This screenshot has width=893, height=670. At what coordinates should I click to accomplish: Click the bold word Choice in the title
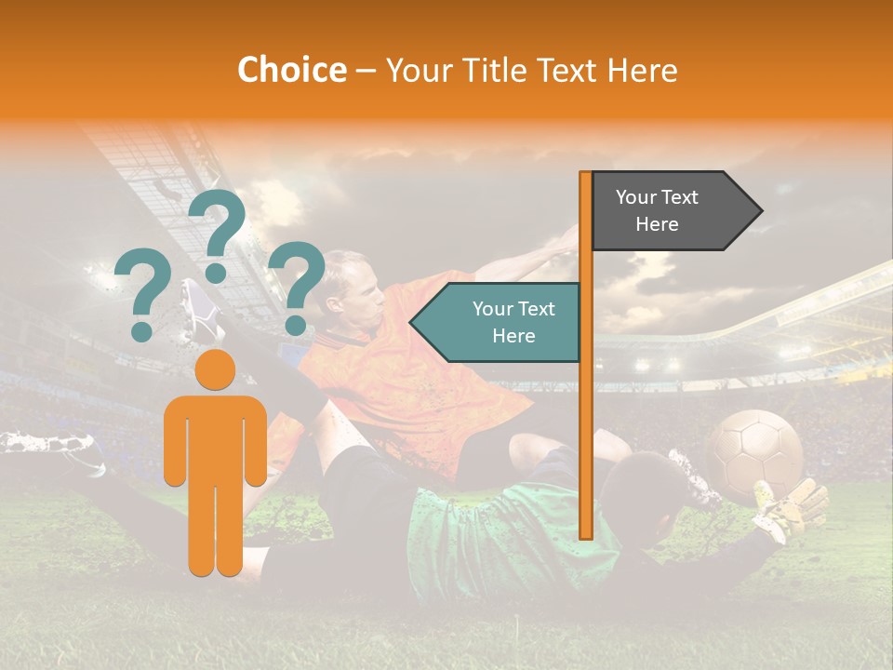tap(291, 71)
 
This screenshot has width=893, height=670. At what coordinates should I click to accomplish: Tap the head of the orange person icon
tap(215, 369)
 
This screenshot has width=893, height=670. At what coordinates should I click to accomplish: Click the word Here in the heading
tap(643, 71)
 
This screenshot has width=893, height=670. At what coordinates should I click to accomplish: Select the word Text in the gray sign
tap(680, 197)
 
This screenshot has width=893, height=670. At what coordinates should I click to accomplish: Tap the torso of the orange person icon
tap(216, 437)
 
